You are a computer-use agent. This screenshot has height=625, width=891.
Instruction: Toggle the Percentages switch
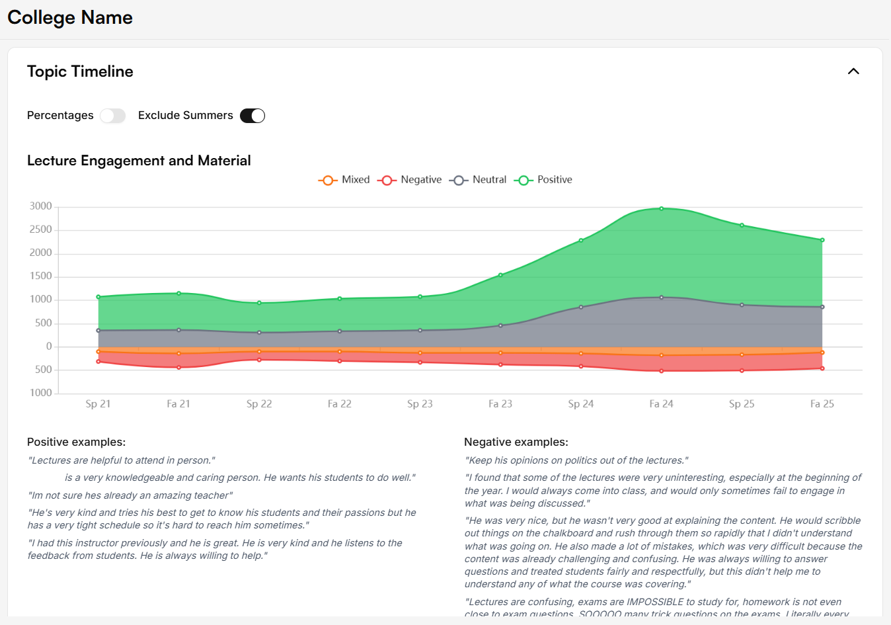tap(112, 116)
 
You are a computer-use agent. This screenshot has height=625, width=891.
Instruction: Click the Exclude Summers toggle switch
tap(252, 116)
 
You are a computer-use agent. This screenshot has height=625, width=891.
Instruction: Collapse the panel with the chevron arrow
tap(853, 71)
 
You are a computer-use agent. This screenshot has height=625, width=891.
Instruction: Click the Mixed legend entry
tap(344, 180)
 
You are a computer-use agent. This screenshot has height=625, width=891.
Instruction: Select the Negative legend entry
tap(410, 180)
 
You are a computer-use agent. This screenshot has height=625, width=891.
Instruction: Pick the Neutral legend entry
tap(478, 180)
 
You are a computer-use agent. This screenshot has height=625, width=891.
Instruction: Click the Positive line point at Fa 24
tap(661, 209)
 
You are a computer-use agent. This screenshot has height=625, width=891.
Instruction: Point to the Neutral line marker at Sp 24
tap(581, 307)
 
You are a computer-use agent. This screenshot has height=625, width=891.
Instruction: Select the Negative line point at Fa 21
tap(178, 367)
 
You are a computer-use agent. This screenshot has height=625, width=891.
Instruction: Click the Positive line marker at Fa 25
tap(822, 240)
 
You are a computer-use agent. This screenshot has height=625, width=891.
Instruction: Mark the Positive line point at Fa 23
tap(500, 275)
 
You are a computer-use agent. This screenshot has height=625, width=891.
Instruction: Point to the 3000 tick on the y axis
tap(41, 206)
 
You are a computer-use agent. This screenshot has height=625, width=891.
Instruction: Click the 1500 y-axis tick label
tap(41, 276)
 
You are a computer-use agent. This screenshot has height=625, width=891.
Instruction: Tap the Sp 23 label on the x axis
tap(420, 404)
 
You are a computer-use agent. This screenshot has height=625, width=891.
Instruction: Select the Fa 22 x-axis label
tap(339, 404)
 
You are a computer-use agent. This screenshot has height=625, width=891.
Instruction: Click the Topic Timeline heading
tap(80, 71)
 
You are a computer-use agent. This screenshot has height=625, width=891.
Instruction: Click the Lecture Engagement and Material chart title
tap(139, 161)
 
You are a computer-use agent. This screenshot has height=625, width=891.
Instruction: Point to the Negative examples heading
tap(516, 442)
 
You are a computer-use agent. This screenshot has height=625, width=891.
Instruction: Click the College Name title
tap(70, 18)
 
